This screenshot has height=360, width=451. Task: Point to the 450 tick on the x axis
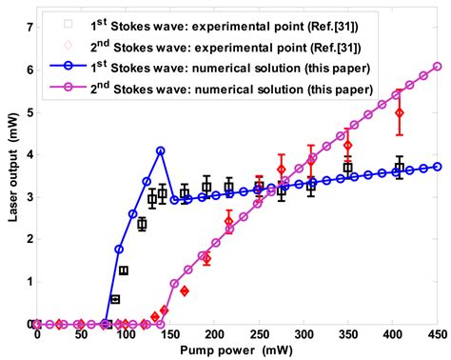(437, 334)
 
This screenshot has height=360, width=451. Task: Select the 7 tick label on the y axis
(29, 28)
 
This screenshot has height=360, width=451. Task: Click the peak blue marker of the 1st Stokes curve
(161, 150)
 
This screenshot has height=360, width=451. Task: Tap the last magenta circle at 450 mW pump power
(437, 67)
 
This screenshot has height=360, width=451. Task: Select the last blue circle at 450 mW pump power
(437, 166)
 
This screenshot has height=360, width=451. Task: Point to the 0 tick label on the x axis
(37, 334)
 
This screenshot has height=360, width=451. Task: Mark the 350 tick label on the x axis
(347, 334)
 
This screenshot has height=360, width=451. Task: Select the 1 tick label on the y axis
(29, 282)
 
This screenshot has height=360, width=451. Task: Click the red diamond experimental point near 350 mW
(348, 146)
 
